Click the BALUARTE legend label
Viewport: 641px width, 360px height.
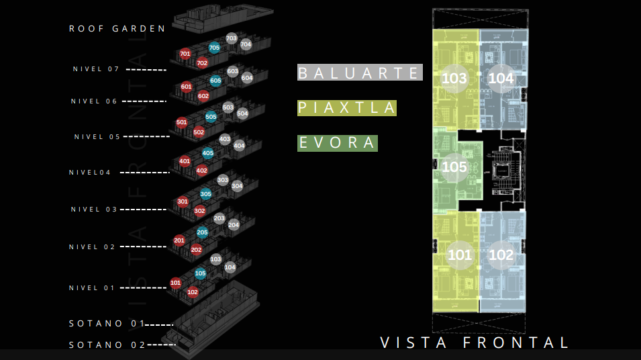[360, 73]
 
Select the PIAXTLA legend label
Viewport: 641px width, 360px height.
[347, 107]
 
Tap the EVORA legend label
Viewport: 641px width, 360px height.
[338, 143]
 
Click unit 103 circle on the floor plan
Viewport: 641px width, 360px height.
[454, 79]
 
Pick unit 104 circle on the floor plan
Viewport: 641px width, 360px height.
[501, 79]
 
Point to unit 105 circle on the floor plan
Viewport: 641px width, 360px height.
[454, 167]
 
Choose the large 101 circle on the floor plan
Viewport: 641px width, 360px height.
[460, 255]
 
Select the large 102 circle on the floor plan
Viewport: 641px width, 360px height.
[501, 255]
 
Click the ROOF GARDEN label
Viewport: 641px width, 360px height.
[117, 29]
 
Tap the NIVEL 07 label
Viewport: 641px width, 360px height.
[96, 69]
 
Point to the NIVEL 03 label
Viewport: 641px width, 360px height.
[94, 210]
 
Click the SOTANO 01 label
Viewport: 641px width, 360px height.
[107, 324]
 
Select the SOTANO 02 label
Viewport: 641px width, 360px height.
[107, 345]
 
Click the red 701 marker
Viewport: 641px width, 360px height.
[186, 54]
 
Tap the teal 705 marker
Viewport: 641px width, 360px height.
[214, 48]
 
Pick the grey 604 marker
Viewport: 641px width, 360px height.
[247, 78]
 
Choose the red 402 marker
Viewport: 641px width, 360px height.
[202, 171]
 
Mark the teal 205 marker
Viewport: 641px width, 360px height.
[202, 232]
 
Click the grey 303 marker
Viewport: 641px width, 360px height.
[223, 181]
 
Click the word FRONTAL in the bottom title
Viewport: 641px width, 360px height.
[516, 343]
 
